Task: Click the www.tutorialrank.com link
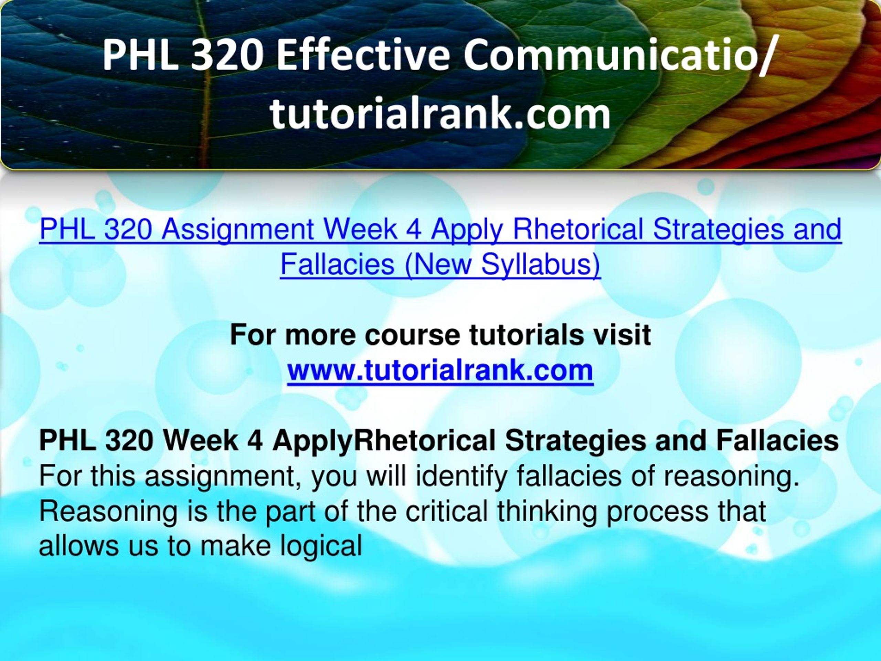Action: (440, 370)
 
